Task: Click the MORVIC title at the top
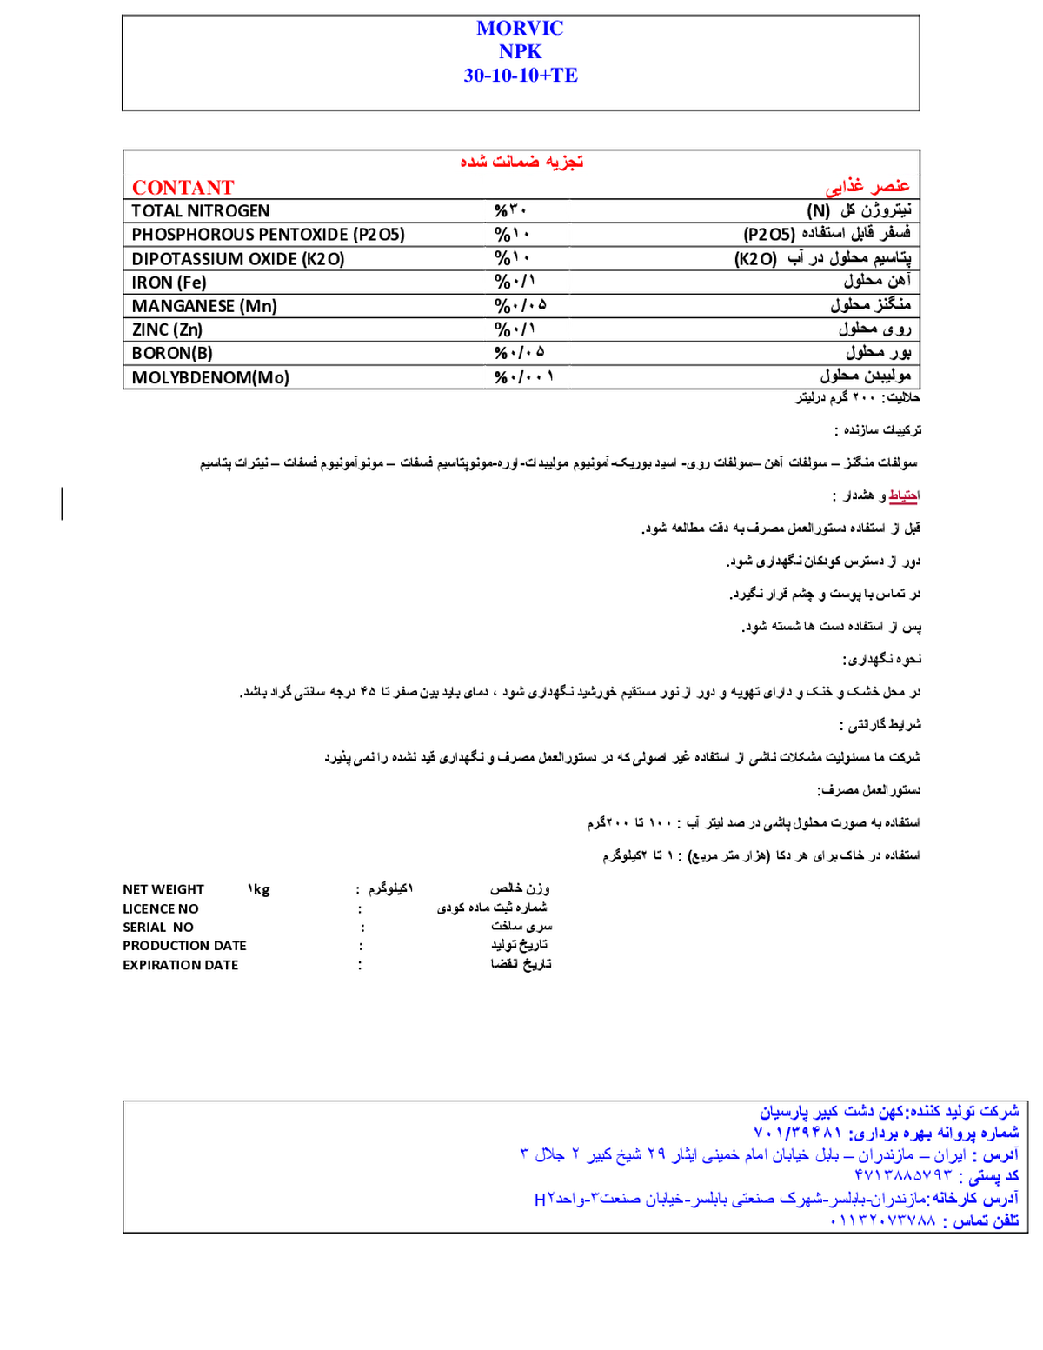[x=520, y=28]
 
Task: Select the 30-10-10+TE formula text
[x=521, y=75]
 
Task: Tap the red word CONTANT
[x=183, y=188]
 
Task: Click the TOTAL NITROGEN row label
[x=200, y=211]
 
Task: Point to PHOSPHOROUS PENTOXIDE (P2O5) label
[x=268, y=235]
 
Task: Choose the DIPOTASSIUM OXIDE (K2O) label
[x=238, y=259]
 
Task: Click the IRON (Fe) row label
[x=169, y=283]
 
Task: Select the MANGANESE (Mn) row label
[x=203, y=306]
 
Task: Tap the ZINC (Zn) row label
[x=167, y=329]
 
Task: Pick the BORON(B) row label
[x=172, y=353]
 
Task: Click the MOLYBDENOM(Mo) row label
[x=210, y=377]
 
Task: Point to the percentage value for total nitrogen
[x=510, y=210]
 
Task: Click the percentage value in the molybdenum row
[x=524, y=377]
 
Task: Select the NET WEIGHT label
[x=163, y=889]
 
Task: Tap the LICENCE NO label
[x=160, y=909]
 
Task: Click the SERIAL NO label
[x=158, y=928]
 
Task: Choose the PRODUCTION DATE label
[x=184, y=946]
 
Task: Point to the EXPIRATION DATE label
[x=180, y=965]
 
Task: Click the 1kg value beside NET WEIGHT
[x=258, y=889]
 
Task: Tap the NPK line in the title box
[x=521, y=51]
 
